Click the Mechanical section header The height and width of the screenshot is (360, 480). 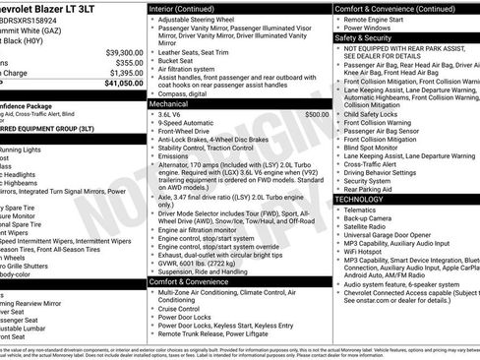168,102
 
